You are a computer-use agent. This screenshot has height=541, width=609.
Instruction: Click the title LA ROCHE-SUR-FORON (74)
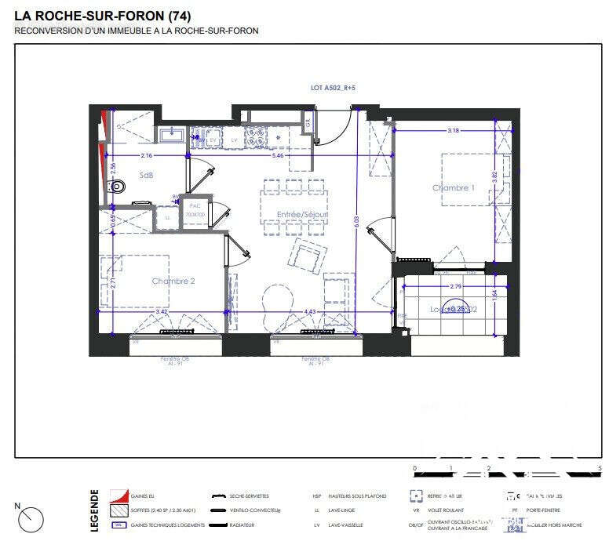coord(102,16)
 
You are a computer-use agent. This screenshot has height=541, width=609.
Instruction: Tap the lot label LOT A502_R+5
coord(334,89)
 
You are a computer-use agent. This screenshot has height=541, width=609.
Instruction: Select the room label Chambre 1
coord(454,188)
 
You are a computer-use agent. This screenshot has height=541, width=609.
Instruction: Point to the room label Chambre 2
coord(173,281)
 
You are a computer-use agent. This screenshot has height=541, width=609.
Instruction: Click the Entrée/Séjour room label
coord(302,214)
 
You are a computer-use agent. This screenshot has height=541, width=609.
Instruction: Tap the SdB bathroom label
coord(146,176)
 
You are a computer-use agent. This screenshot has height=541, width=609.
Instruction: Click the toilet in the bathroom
coord(117,187)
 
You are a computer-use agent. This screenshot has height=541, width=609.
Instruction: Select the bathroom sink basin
coord(171,136)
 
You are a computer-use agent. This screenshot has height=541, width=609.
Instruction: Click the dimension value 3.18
coord(453,130)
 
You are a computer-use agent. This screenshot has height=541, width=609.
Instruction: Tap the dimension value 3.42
coord(162,312)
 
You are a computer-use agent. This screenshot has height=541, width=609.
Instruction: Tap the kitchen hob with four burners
coord(257,138)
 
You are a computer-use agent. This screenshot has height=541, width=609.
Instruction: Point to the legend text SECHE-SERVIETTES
coord(249,496)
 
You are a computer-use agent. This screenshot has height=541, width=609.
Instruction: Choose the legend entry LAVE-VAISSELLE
coord(343,525)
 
